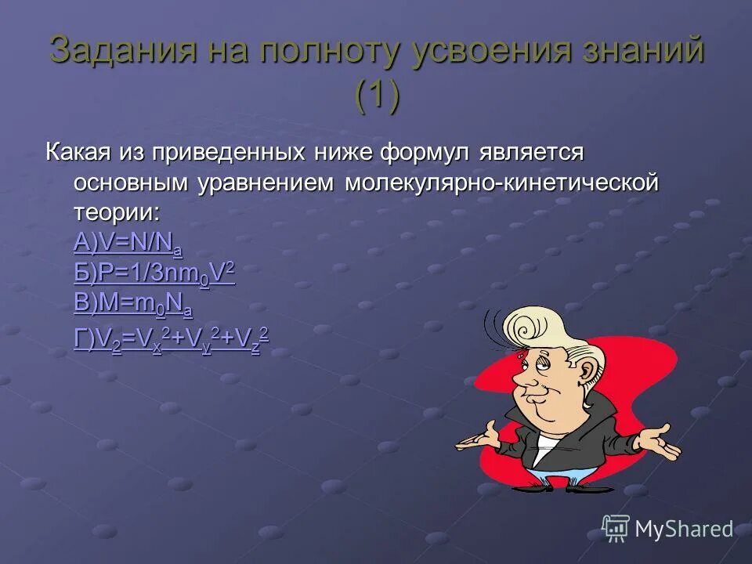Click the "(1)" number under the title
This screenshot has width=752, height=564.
[x=377, y=96]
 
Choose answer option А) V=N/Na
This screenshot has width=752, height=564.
[x=128, y=245]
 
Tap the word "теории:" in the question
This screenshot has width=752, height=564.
[x=115, y=213]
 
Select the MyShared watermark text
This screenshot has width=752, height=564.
[x=683, y=530]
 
